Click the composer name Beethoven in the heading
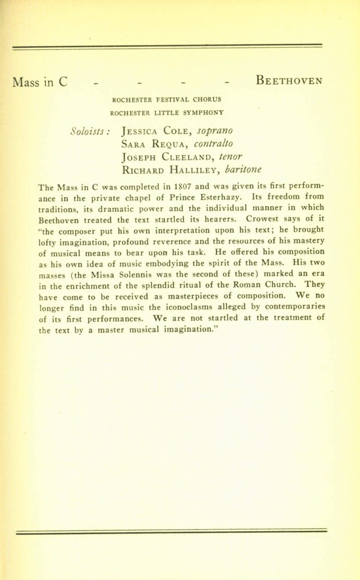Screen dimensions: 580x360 [x=289, y=81]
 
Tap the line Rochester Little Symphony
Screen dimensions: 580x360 [x=166, y=112]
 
